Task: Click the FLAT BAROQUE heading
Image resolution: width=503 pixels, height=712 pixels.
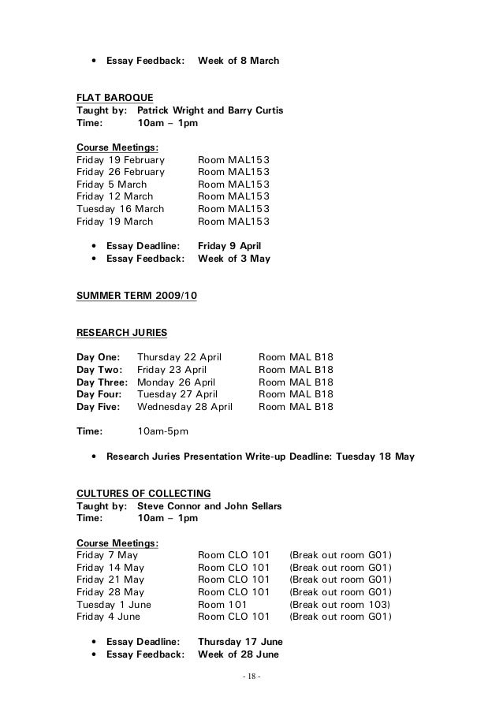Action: [114, 97]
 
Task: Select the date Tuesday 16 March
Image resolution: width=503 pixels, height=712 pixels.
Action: [120, 209]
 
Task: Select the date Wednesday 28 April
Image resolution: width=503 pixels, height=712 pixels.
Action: [184, 407]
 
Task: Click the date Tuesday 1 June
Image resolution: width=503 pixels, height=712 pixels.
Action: [114, 605]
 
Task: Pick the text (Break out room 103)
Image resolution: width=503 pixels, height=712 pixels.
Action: [341, 605]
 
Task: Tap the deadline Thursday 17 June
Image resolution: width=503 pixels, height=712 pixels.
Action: [240, 641]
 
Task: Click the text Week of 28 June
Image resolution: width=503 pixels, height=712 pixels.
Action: [238, 654]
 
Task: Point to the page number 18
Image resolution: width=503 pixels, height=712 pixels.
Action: [251, 677]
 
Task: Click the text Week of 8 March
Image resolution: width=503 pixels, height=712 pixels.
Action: [238, 60]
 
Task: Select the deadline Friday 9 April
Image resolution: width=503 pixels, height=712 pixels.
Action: [229, 245]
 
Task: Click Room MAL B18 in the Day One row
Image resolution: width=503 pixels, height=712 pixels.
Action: [296, 356]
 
